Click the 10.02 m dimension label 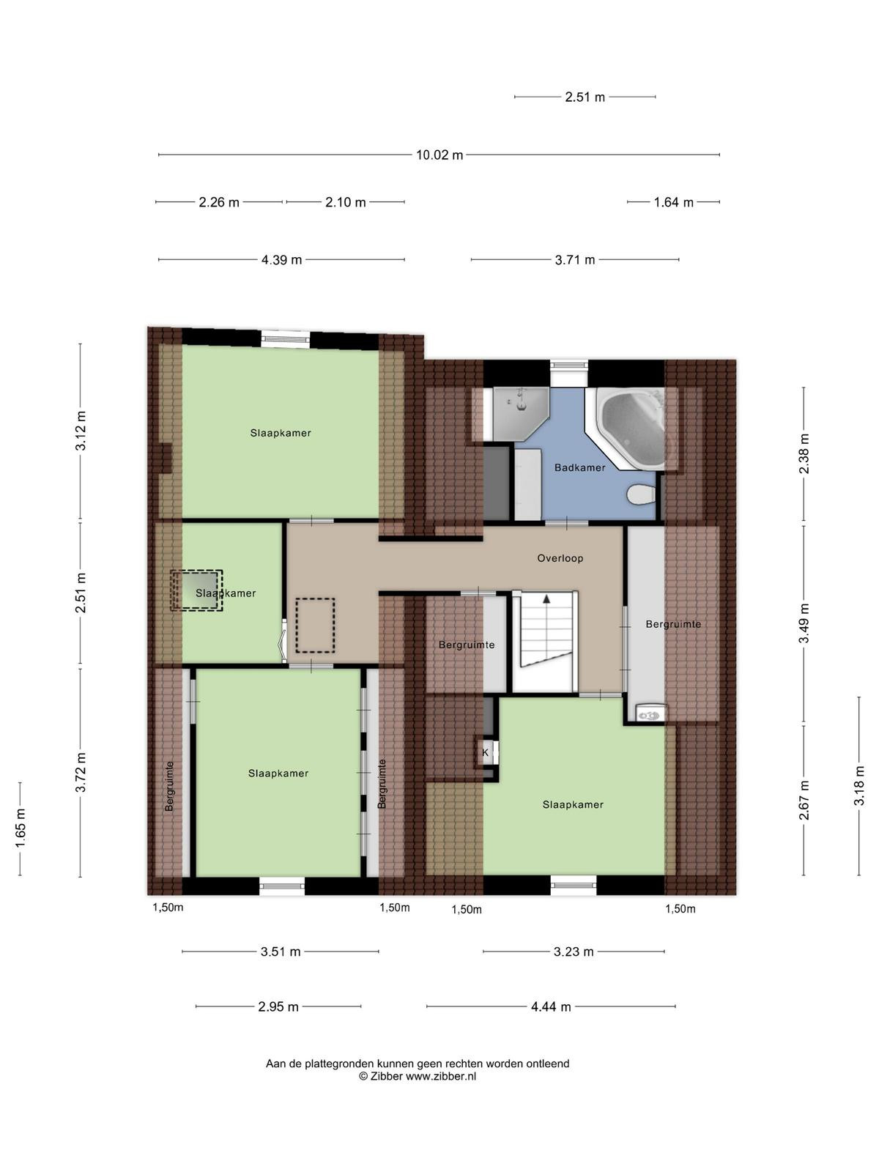pyautogui.click(x=439, y=155)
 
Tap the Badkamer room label pyautogui.click(x=579, y=468)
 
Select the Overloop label pyautogui.click(x=560, y=558)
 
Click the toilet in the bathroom pyautogui.click(x=642, y=494)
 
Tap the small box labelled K pyautogui.click(x=486, y=752)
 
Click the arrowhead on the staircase pyautogui.click(x=546, y=599)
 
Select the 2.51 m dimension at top pyautogui.click(x=585, y=97)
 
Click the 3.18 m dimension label pyautogui.click(x=858, y=786)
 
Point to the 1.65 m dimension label pyautogui.click(x=21, y=828)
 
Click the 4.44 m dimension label pyautogui.click(x=551, y=1006)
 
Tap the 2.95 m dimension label pyautogui.click(x=278, y=1006)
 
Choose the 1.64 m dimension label pyautogui.click(x=673, y=202)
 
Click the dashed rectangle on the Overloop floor pyautogui.click(x=316, y=626)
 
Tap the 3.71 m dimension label pyautogui.click(x=575, y=260)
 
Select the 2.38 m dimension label pyautogui.click(x=804, y=453)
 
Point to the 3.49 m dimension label pyautogui.click(x=804, y=623)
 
